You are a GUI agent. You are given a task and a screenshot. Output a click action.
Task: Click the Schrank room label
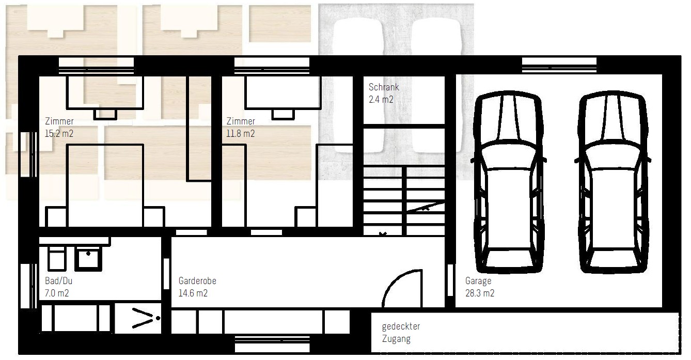384,87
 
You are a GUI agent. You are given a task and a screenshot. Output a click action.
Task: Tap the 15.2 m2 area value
59,134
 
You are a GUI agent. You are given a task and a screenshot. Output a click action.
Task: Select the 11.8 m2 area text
240,134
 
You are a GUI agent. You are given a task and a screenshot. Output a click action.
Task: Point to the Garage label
478,281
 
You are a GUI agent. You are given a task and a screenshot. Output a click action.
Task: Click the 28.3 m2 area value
480,293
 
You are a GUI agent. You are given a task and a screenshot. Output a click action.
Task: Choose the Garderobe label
197,281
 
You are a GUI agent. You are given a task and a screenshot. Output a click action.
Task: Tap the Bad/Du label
58,281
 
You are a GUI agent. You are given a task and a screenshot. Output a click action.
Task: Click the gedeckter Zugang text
401,333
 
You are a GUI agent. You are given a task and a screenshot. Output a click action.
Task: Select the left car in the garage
508,182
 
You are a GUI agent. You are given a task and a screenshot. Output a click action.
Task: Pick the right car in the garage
613,182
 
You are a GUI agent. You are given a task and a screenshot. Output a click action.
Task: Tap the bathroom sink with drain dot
88,259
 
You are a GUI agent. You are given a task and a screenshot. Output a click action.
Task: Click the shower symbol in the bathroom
138,318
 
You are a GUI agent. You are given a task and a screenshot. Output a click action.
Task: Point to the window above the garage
559,66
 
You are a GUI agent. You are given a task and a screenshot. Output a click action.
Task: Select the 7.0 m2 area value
57,293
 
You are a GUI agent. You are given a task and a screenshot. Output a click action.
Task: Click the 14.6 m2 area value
193,293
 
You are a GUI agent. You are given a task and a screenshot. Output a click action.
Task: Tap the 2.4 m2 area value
381,100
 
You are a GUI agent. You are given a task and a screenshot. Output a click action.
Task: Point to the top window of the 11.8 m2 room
272,66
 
